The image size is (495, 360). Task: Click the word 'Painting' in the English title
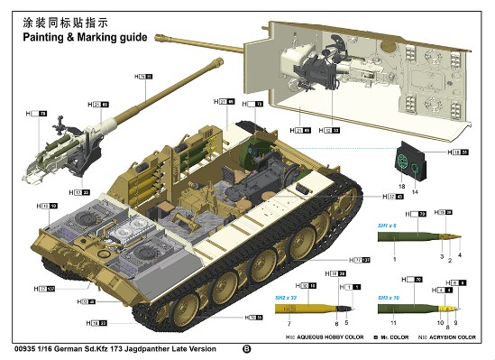pos(32,37)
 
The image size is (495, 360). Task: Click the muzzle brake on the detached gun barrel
pos(216,64)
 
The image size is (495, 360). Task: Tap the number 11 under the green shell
pos(393,322)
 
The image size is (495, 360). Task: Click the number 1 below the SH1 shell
pos(394,257)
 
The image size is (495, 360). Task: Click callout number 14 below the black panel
pos(415,192)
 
